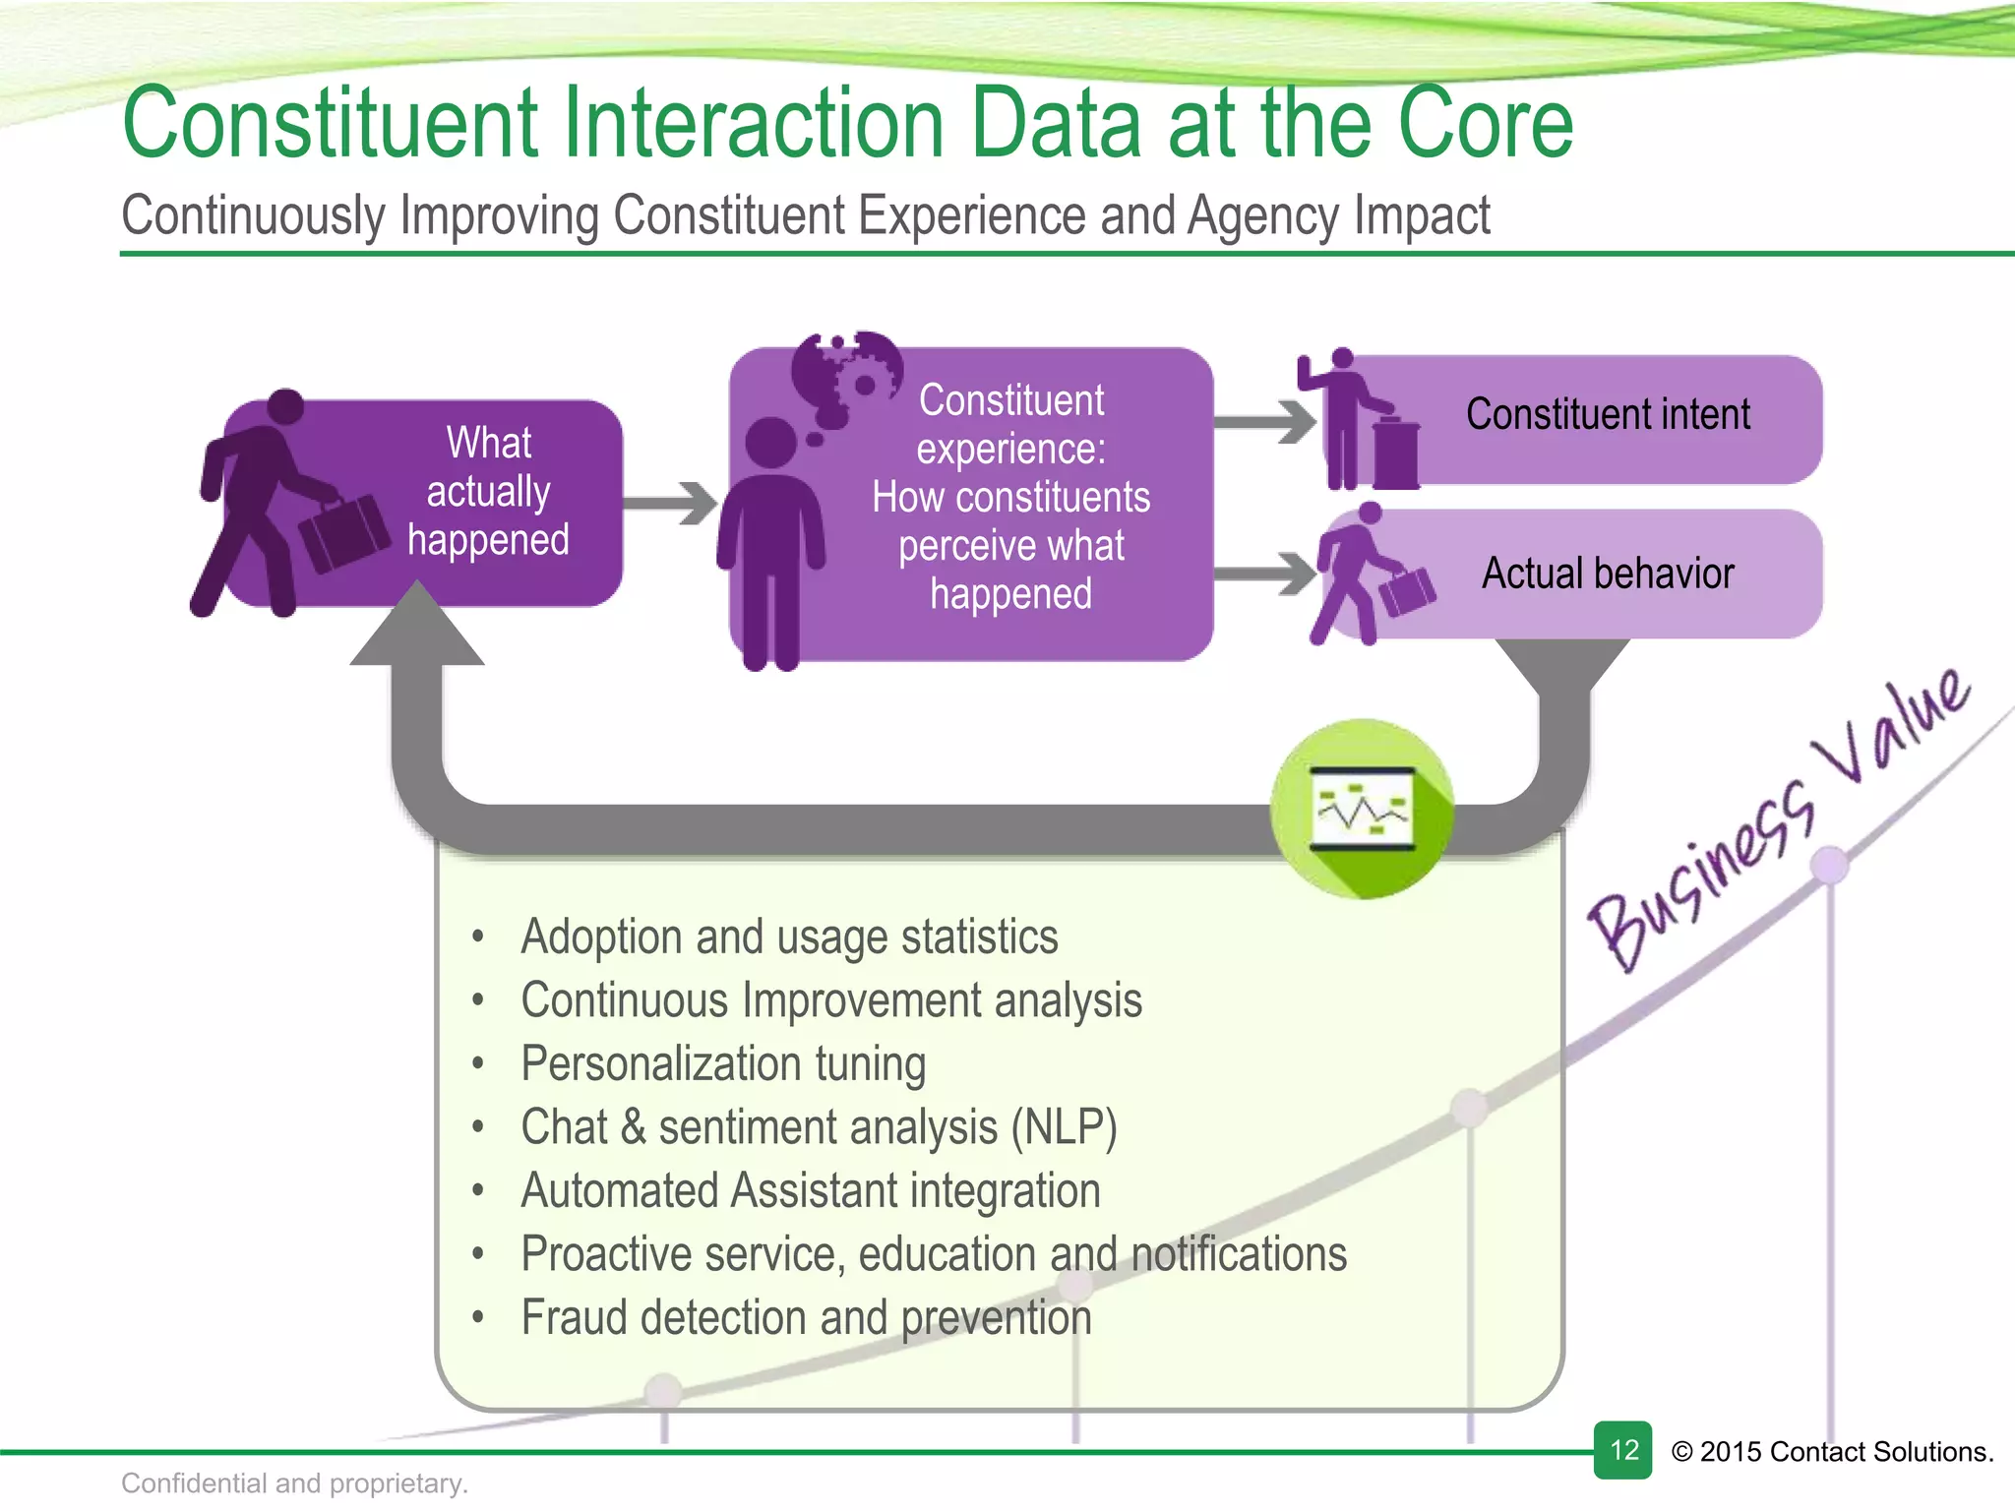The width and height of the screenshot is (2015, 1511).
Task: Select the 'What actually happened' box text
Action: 488,492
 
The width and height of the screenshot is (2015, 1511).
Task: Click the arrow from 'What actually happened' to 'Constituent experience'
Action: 672,504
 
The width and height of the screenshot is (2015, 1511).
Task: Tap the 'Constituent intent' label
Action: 1608,414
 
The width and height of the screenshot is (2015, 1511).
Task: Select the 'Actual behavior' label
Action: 1608,574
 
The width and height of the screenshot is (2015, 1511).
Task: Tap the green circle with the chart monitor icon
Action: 1363,809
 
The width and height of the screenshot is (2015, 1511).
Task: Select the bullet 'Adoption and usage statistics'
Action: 789,937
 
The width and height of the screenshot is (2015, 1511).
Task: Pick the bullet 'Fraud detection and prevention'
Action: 806,1318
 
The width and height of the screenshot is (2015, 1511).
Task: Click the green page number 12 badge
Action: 1622,1450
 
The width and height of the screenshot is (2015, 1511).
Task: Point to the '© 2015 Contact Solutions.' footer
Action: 1832,1452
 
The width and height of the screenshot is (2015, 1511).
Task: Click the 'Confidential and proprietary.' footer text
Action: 294,1483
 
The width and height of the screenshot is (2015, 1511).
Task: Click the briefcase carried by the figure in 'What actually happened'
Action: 344,532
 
